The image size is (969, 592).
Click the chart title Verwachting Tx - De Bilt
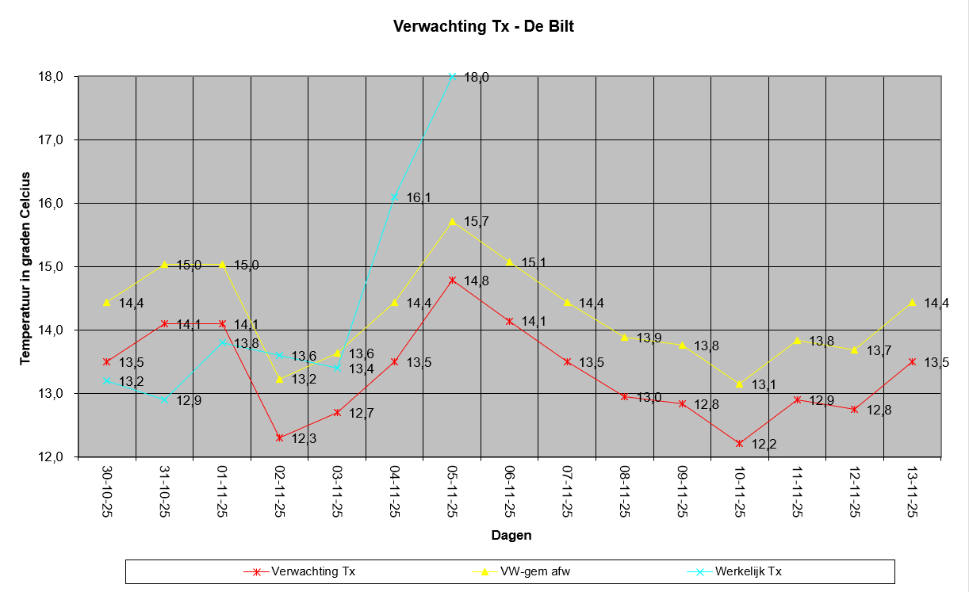(x=483, y=26)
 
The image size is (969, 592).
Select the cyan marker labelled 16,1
(x=394, y=197)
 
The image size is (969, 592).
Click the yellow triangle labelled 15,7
(x=452, y=222)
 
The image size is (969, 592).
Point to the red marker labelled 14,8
(x=452, y=281)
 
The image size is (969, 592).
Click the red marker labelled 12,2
(x=739, y=444)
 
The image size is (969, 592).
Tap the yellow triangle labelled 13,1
(x=739, y=384)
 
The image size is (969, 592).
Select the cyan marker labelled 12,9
(x=164, y=399)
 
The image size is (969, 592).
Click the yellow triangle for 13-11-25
(x=913, y=303)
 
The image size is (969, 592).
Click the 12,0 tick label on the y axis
(x=51, y=456)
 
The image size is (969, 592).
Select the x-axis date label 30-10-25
(x=107, y=491)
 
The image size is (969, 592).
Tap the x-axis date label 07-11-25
(x=567, y=491)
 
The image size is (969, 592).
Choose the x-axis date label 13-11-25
(x=913, y=491)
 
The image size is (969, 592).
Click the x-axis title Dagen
(x=511, y=536)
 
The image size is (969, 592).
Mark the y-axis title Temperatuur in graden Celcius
(x=25, y=269)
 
